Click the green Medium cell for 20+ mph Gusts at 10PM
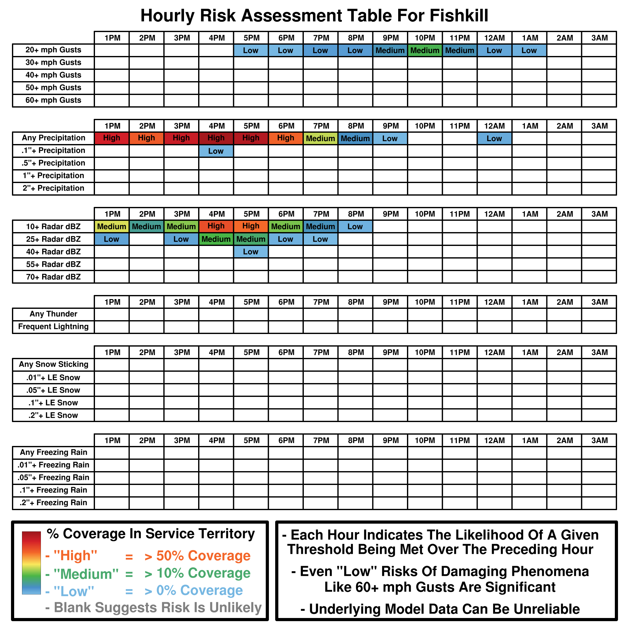tap(425, 50)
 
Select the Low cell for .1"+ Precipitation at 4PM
tap(216, 151)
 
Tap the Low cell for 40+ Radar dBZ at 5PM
tap(251, 252)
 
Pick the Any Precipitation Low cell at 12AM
tap(494, 138)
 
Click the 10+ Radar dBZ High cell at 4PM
tap(216, 226)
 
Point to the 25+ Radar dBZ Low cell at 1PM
tap(111, 239)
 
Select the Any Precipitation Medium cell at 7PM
tap(320, 138)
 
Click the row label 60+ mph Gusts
tap(53, 100)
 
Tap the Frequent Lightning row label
tap(53, 326)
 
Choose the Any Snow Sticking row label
tap(53, 364)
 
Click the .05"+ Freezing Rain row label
tap(53, 478)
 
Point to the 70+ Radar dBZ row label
tap(53, 277)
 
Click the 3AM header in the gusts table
tap(599, 38)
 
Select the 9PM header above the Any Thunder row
tap(390, 302)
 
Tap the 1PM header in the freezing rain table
tap(112, 441)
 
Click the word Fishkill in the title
tap(459, 16)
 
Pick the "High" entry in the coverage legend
tap(75, 556)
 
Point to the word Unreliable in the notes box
tap(547, 609)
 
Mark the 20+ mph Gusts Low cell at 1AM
tap(529, 50)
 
